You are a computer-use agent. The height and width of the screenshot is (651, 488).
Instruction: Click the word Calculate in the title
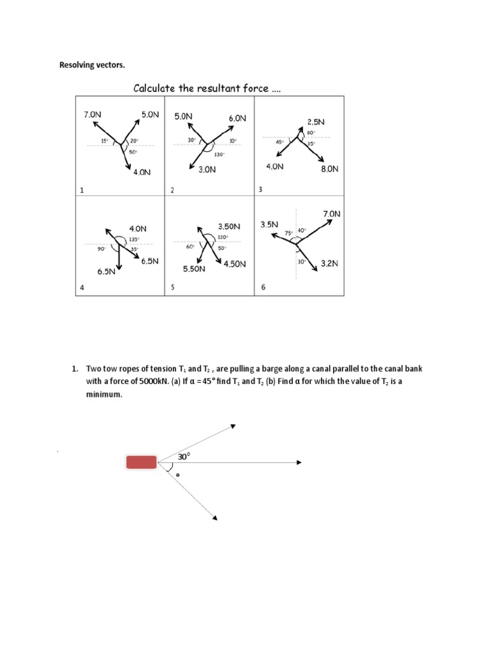tap(155, 88)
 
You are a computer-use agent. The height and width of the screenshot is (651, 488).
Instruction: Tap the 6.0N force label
tap(238, 118)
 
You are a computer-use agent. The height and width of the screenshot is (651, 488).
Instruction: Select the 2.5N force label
tap(316, 121)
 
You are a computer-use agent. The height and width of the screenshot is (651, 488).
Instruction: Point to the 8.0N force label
tap(329, 169)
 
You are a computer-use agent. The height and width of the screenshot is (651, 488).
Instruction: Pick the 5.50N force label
tap(194, 269)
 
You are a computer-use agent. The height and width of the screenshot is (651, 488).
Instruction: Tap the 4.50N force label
tap(234, 264)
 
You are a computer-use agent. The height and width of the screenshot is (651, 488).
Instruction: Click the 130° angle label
tap(220, 154)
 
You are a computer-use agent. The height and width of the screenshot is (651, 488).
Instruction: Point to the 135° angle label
tap(134, 240)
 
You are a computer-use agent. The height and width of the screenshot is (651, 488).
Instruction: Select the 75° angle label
tap(288, 233)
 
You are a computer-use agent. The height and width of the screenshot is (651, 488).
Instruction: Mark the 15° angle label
tap(104, 140)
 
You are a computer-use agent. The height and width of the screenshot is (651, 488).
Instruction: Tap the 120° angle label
tap(222, 236)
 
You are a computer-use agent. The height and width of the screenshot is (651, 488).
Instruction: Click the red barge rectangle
tap(141, 462)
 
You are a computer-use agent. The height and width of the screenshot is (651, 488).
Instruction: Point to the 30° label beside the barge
tap(184, 456)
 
